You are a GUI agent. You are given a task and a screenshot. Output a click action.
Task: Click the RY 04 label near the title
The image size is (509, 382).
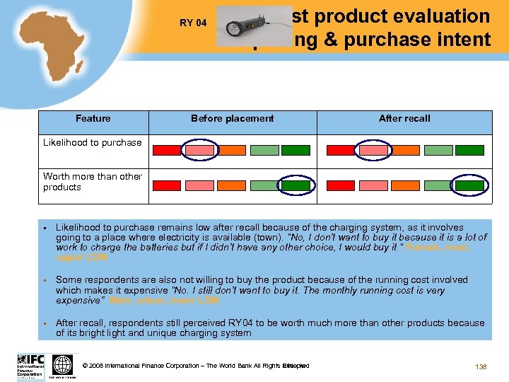pos(193,23)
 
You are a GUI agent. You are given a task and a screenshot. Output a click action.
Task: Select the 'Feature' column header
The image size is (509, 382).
pos(93,118)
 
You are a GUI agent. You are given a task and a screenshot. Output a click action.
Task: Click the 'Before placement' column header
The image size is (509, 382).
pos(232,118)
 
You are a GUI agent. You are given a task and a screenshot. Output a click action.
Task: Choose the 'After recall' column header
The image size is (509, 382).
pos(404,118)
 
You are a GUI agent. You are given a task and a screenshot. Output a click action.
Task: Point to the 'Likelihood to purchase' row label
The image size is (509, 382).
pos(93,142)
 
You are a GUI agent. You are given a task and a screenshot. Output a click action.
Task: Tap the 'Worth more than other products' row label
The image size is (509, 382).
pos(93,182)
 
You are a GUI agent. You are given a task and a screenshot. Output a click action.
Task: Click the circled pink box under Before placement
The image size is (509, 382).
pos(200,150)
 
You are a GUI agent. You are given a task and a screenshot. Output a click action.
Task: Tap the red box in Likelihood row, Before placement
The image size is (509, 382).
pos(168,150)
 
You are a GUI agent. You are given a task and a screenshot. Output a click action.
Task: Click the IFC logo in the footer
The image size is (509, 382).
pos(30,366)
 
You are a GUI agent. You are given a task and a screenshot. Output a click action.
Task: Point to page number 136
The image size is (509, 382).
pos(481,366)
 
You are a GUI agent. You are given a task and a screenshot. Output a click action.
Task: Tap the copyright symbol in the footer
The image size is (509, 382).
pos(85,366)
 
